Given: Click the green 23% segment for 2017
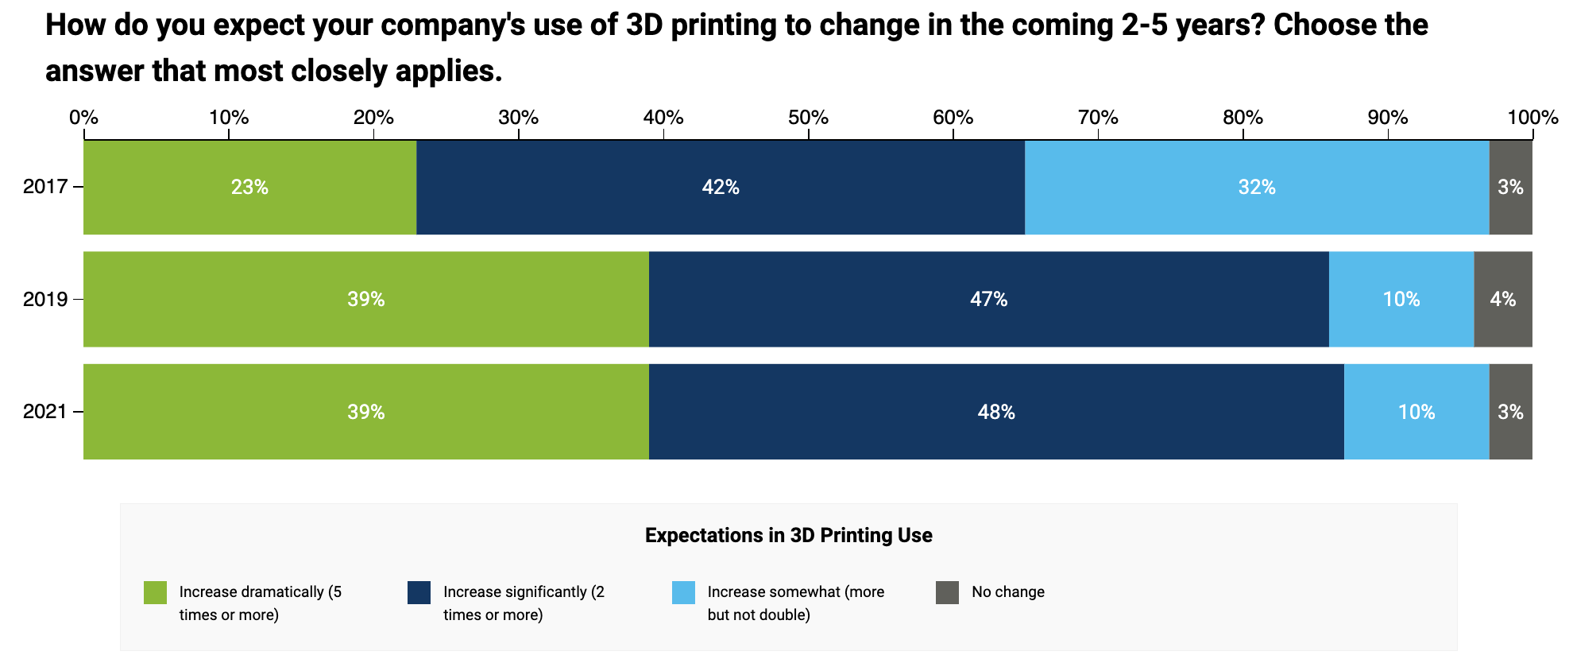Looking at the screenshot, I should [249, 188].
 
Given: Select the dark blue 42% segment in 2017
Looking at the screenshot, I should [720, 188].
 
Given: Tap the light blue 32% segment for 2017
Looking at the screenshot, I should [1257, 188].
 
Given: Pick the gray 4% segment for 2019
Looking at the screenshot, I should [1502, 300].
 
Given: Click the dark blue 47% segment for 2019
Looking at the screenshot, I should [988, 300].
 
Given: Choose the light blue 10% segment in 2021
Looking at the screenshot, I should [1416, 412].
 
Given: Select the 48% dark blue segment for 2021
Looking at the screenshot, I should [995, 412].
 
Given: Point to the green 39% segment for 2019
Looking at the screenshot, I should [365, 300].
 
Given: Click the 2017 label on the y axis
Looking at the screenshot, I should [45, 188].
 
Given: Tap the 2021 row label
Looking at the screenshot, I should [45, 412].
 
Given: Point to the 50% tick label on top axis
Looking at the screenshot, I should [808, 118].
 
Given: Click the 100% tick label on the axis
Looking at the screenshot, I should [1532, 118].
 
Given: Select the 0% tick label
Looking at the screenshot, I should [83, 118].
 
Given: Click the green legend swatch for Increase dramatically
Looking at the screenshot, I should [155, 593].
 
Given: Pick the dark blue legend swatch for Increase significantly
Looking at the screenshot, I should [419, 593].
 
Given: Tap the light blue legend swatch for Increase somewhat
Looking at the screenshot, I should [683, 593].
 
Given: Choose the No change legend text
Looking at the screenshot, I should [1007, 592].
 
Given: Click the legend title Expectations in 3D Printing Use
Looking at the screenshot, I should [788, 536].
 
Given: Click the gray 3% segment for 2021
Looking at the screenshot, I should [1509, 412].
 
